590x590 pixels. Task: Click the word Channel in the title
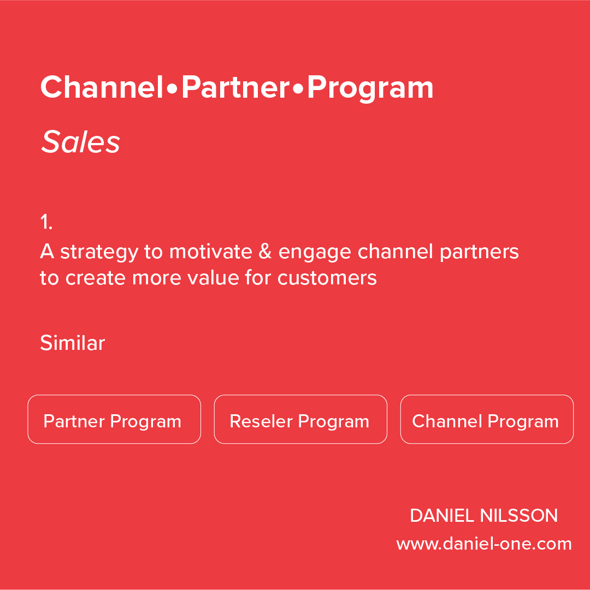click(102, 87)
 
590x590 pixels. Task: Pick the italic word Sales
click(80, 142)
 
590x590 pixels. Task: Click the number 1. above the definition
click(46, 223)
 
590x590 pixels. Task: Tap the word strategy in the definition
click(99, 252)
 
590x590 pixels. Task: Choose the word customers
click(327, 278)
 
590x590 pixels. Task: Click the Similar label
click(72, 343)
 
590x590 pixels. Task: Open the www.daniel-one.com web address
click(484, 544)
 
